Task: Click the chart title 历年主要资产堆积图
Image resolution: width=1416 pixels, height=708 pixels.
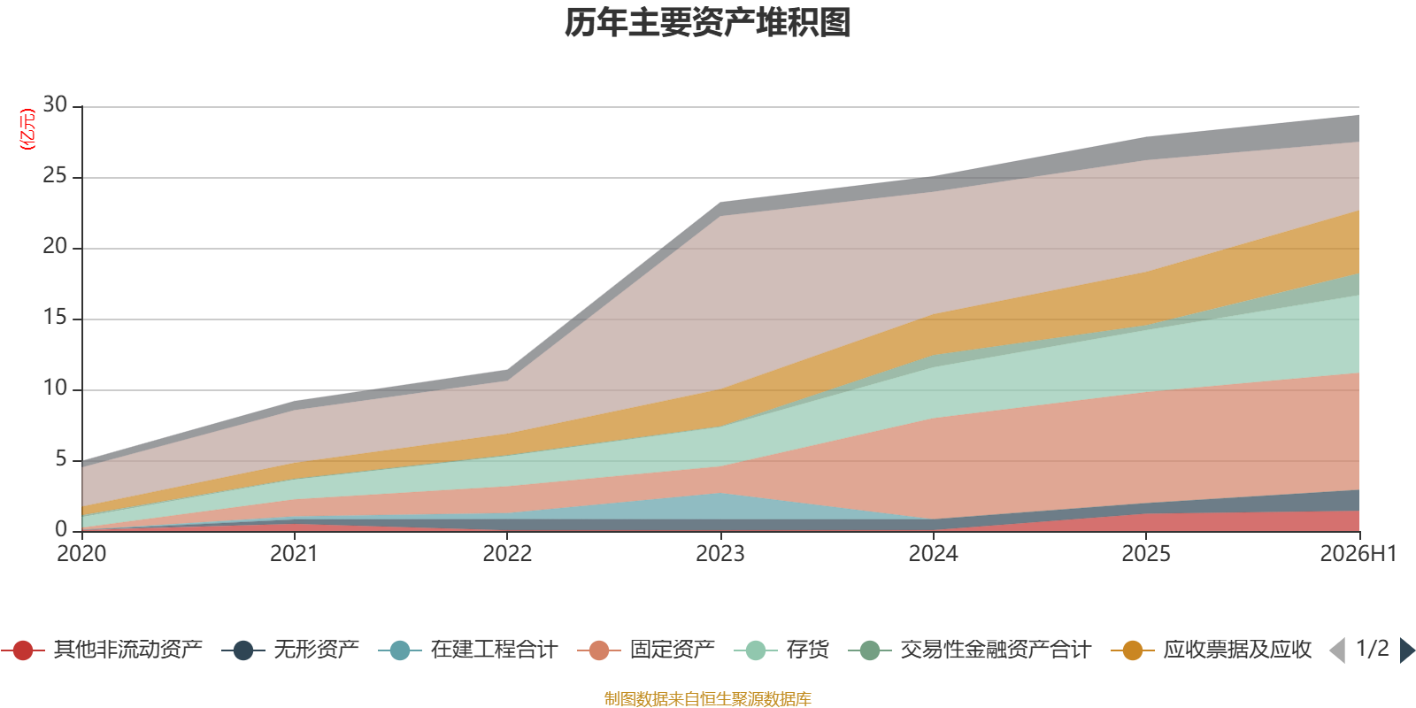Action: click(707, 23)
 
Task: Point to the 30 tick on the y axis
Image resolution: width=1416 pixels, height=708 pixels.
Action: click(55, 105)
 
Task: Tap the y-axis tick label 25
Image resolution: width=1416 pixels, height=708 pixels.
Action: click(55, 176)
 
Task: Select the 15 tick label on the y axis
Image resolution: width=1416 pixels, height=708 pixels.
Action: click(55, 318)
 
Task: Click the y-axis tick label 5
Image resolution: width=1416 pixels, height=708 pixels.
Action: click(61, 459)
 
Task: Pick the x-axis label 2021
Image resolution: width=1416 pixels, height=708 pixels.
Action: click(294, 554)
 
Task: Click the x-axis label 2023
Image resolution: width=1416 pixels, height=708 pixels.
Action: click(720, 554)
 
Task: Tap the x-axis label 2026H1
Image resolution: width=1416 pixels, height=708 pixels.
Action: click(1358, 554)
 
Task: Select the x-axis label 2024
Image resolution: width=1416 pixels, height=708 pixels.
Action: click(933, 554)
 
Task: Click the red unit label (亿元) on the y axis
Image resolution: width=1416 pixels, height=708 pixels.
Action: click(27, 129)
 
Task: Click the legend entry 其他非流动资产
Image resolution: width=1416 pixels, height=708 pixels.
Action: click(101, 650)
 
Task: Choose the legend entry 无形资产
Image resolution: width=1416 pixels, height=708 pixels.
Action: click(291, 650)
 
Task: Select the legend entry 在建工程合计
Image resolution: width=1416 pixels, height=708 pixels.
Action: click(468, 650)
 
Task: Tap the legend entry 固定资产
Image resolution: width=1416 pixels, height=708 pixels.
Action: click(646, 650)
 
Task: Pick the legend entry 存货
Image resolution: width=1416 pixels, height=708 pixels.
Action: click(782, 650)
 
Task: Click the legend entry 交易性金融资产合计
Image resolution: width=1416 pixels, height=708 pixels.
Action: click(970, 650)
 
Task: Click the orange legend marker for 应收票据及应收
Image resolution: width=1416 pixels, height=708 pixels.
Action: click(1133, 650)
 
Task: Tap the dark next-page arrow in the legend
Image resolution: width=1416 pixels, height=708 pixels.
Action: click(1407, 650)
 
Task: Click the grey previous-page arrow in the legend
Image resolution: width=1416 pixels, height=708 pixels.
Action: click(1337, 650)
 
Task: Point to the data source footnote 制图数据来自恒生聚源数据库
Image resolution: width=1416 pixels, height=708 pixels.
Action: click(707, 698)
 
